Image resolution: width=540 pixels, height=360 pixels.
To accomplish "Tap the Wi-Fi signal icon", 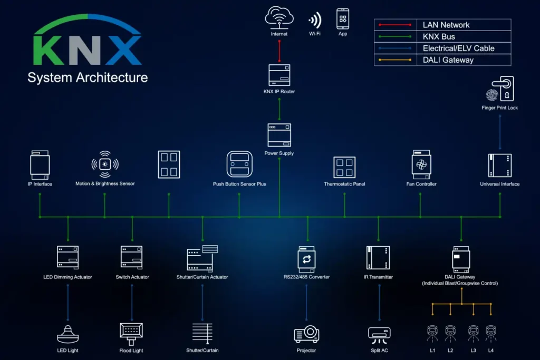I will pyautogui.click(x=315, y=21).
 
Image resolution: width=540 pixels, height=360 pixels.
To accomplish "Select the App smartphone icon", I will pyautogui.click(x=343, y=19).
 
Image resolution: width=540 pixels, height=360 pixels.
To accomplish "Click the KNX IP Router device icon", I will pyautogui.click(x=279, y=75).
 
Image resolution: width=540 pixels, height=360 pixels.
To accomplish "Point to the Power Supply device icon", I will pyautogui.click(x=279, y=135).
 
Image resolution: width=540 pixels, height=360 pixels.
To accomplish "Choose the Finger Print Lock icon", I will pyautogui.click(x=499, y=88).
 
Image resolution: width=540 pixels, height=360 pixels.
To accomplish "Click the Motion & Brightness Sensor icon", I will pyautogui.click(x=105, y=164).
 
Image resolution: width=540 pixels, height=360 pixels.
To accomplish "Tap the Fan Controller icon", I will pyautogui.click(x=421, y=164).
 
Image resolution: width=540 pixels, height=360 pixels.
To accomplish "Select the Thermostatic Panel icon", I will pyautogui.click(x=344, y=167).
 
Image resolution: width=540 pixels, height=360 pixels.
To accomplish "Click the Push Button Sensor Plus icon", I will pyautogui.click(x=239, y=164).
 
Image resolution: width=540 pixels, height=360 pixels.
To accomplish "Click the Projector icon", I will pyautogui.click(x=306, y=334).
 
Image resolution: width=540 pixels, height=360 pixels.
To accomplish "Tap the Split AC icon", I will pyautogui.click(x=379, y=334).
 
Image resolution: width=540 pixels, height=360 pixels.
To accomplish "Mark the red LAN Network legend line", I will pyautogui.click(x=393, y=25).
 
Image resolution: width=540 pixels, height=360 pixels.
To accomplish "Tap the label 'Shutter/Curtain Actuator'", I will pyautogui.click(x=202, y=277).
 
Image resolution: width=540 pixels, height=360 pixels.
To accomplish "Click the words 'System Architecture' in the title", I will pyautogui.click(x=88, y=77).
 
